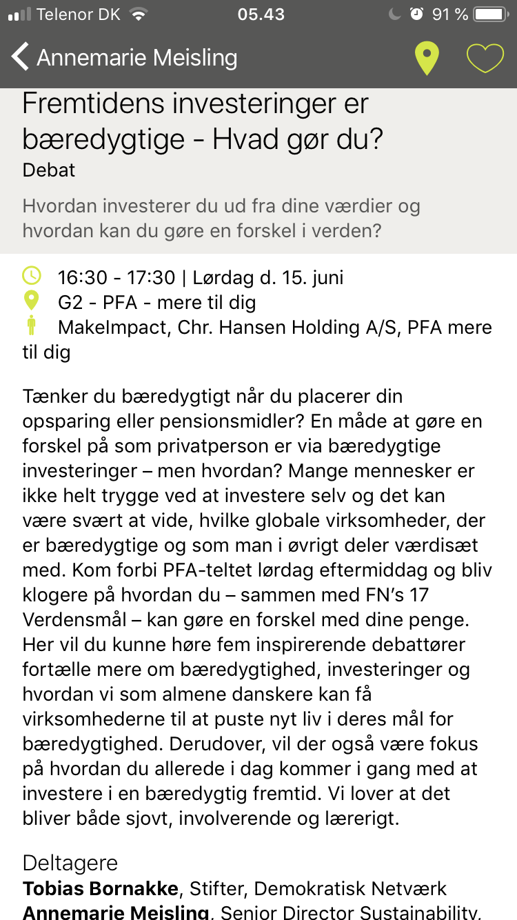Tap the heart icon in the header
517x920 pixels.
point(485,58)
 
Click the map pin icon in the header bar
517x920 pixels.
point(427,58)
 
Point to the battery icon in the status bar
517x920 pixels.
point(490,14)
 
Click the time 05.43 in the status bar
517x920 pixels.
point(261,14)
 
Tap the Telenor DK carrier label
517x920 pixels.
point(79,14)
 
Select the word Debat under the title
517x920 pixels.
point(49,170)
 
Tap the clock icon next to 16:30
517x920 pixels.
point(32,276)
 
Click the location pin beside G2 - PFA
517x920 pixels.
point(32,301)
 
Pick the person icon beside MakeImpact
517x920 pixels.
point(32,326)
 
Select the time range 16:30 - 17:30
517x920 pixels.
point(116,278)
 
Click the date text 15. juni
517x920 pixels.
point(310,278)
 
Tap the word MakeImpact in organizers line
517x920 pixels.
point(113,328)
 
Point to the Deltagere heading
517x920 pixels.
point(70,863)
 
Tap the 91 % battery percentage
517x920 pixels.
point(450,14)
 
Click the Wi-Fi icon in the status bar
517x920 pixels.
point(139,14)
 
